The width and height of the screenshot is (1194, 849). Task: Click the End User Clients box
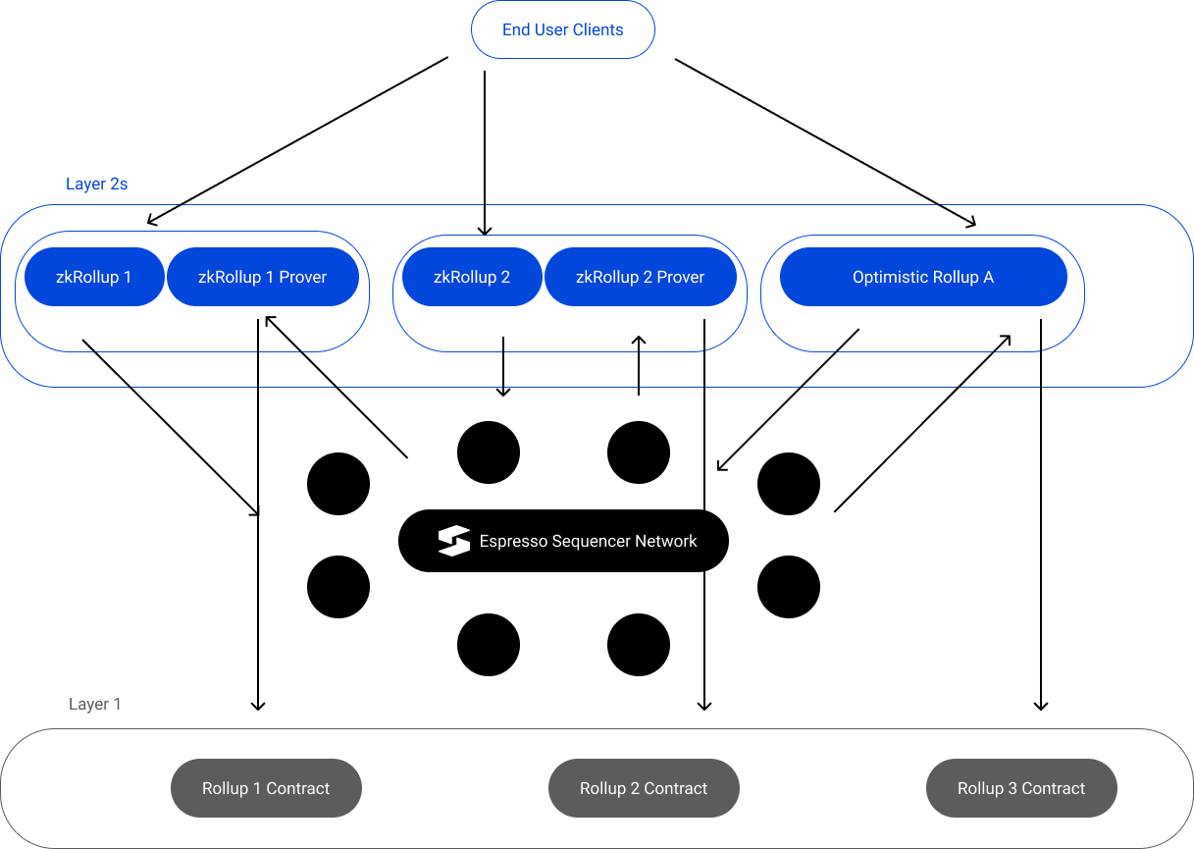[x=562, y=29]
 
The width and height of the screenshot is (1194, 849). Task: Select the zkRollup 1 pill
[x=93, y=277]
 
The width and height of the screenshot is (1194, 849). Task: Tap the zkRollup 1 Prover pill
[x=262, y=277]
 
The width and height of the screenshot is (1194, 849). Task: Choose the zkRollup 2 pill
[x=471, y=277]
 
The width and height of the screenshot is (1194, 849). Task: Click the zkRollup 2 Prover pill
[x=640, y=277]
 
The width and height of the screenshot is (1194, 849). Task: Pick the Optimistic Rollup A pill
[x=922, y=277]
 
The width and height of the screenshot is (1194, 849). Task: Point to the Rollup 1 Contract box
[x=266, y=788]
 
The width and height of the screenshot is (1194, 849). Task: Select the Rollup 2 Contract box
[x=644, y=788]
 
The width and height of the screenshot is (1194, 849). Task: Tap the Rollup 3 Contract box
[x=1021, y=788]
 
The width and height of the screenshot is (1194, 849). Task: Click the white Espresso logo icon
[x=454, y=541]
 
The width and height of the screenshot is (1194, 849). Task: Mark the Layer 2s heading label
[x=96, y=184]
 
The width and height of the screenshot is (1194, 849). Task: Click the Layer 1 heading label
[x=95, y=704]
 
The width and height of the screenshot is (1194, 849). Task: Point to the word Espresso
[x=513, y=541]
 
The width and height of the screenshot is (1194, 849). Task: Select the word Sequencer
[x=591, y=541]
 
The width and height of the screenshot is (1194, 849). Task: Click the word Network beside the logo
[x=666, y=541]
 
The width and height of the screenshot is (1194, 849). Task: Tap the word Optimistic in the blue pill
[x=886, y=277]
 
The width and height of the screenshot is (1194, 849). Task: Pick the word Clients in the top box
[x=597, y=29]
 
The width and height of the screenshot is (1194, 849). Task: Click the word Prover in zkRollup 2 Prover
[x=681, y=277]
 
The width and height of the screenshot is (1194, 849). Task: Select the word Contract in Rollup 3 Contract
[x=1054, y=788]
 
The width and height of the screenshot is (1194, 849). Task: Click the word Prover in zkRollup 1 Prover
[x=303, y=277]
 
